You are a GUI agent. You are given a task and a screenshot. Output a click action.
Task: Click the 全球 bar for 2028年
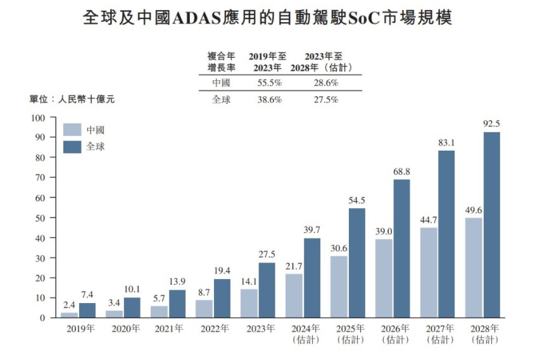pos(491,225)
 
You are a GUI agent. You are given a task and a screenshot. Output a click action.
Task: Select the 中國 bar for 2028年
pos(474,268)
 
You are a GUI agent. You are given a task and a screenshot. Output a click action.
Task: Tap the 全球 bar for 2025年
pos(356,263)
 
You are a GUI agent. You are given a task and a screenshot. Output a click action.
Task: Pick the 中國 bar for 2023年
pos(249,303)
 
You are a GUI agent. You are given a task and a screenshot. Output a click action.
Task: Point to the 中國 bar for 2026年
pos(384,278)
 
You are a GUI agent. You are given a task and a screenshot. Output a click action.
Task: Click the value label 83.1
pos(446,143)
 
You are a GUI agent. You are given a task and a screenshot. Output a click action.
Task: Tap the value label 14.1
pos(249,282)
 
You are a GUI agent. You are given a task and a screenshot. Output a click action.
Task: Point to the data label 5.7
pos(160,298)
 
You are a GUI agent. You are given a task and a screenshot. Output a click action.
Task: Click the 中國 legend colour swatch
pos(73,130)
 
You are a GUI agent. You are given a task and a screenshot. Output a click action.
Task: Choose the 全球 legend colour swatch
pos(73,147)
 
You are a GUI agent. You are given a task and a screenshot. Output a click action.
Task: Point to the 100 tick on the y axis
pos(39,118)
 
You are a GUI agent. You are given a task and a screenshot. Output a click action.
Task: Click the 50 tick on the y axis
pos(41,218)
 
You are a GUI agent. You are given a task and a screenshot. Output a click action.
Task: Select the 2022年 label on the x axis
pos(215,328)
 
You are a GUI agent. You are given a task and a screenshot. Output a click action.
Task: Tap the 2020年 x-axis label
pos(125,328)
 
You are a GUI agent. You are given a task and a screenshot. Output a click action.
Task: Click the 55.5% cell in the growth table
pos(268,83)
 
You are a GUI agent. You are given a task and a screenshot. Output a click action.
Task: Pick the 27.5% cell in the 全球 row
pos(325,100)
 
